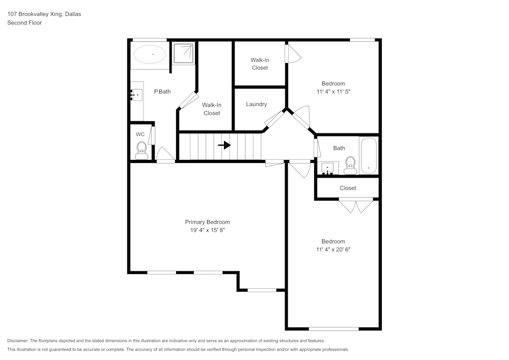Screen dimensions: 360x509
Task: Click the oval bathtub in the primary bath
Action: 150,54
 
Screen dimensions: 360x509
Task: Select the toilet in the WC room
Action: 142,149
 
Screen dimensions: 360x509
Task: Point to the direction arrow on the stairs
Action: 224,145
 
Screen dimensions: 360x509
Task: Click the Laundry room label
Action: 257,104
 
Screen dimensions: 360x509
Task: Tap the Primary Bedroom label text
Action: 207,222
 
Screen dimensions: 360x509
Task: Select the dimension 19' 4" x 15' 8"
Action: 207,230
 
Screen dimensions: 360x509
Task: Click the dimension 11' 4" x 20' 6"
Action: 333,250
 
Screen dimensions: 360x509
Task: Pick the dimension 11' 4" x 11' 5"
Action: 333,92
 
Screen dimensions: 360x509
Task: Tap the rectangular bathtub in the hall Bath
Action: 368,155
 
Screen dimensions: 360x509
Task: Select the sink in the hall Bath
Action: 328,168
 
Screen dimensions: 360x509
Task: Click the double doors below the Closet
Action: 356,206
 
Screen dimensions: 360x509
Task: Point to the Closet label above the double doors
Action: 348,188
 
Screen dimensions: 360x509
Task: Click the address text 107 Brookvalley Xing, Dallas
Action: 44,14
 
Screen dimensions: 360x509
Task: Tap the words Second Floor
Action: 24,23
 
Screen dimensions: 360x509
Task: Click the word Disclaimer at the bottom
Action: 18,341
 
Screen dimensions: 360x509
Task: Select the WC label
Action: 140,134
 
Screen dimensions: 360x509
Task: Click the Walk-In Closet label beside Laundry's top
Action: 260,64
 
